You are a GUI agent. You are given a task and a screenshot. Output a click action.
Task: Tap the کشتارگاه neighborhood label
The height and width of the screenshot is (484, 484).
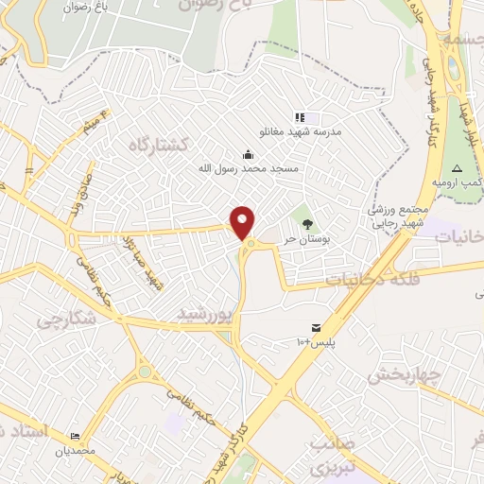tap(158, 143)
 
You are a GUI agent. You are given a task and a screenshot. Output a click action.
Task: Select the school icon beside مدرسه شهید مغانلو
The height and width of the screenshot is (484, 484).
tap(300, 118)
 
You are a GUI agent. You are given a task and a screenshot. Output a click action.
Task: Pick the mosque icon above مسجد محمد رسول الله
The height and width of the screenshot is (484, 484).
tap(248, 154)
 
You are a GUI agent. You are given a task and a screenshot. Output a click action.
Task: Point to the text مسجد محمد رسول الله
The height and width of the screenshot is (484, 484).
tap(248, 168)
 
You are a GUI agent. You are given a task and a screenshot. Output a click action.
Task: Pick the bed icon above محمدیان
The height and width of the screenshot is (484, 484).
tap(75, 436)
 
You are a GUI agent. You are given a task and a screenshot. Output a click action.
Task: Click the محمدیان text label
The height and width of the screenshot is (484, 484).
tap(75, 451)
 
